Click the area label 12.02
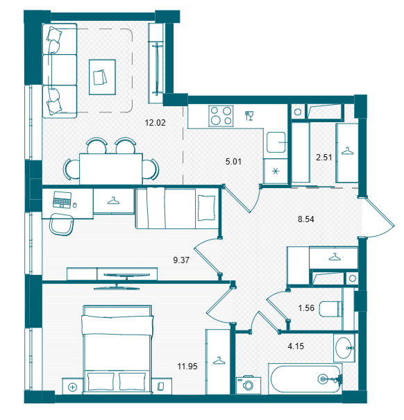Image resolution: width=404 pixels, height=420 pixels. (155, 123)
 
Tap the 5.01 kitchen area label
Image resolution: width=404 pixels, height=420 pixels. (233, 162)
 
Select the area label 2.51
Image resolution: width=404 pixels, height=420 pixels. (324, 157)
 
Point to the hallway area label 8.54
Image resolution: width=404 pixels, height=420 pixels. (306, 219)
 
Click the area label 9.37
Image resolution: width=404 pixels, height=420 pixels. (181, 260)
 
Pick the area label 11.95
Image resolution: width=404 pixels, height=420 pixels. (187, 366)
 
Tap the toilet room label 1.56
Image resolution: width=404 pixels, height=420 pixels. (306, 308)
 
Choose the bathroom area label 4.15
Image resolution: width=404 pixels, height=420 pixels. (296, 346)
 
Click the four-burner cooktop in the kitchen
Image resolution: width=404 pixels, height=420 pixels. (221, 116)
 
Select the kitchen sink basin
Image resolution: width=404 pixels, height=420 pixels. (276, 142)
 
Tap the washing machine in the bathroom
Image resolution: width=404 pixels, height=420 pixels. (249, 385)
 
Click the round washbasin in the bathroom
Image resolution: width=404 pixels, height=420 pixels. (344, 348)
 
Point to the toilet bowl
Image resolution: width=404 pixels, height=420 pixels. (331, 309)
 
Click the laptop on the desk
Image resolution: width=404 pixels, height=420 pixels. (62, 199)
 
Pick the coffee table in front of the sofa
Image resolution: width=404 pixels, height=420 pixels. (102, 77)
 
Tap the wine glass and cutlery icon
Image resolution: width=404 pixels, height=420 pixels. (249, 116)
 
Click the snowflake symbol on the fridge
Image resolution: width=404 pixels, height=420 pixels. (276, 171)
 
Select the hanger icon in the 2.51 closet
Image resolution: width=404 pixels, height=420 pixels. (347, 151)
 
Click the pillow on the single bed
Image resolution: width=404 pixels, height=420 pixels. (207, 208)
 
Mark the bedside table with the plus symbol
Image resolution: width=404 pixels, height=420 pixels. (72, 386)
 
